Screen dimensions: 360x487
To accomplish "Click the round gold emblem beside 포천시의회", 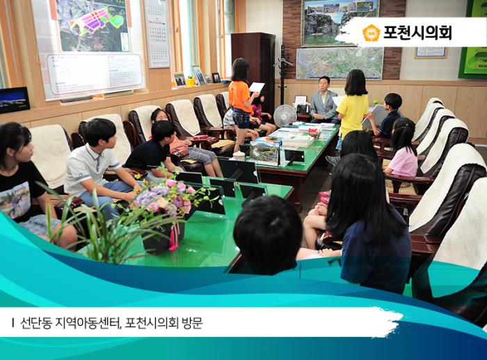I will click(372, 33).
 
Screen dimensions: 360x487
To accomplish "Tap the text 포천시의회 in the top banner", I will click(417, 33).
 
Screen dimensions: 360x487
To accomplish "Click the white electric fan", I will click(284, 115).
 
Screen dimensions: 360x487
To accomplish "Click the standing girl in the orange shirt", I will click(241, 101).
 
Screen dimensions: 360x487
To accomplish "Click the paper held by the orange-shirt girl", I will click(257, 88).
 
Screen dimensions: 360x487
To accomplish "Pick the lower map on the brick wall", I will click(340, 63).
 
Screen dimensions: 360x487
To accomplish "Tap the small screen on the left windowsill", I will click(14, 100).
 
